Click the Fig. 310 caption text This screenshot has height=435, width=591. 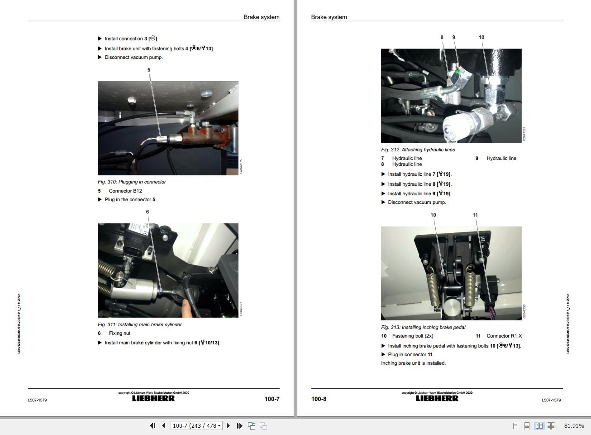pos(132,182)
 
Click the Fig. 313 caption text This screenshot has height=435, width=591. pos(423,327)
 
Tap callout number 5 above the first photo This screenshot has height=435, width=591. pos(148,70)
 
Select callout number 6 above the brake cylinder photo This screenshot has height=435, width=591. pos(147,212)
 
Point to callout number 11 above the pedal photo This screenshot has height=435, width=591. pos(475,215)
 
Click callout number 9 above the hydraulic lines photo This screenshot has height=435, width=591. pos(453,38)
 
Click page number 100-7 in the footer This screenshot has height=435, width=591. pos(272,399)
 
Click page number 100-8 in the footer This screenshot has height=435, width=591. pos(319,399)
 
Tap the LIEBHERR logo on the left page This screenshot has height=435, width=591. pos(153,399)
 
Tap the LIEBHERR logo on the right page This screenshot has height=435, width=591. pos(437,399)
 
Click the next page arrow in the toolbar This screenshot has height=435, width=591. pos(228,426)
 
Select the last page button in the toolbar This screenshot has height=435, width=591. pos(239,426)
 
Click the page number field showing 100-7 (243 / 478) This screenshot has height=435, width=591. pos(196,426)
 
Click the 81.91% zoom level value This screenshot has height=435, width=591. pos(574,426)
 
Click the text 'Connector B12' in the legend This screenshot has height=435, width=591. pos(125,191)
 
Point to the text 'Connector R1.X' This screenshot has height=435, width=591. pos(504,336)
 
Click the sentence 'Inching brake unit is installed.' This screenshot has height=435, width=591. pos(413,363)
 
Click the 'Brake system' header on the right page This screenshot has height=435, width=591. pos(329,17)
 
